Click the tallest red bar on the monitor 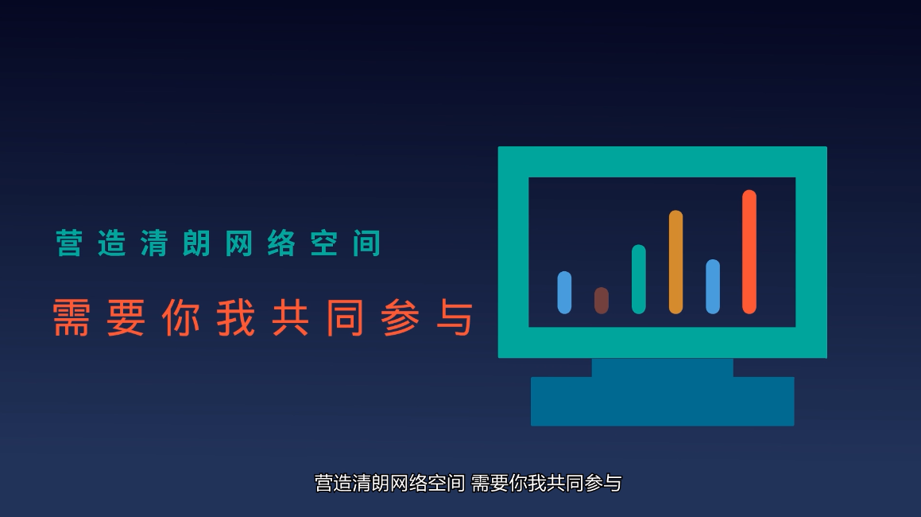[x=749, y=251]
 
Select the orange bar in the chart [x=675, y=262]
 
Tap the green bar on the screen [x=638, y=279]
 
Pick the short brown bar [x=602, y=301]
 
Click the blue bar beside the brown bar [x=564, y=293]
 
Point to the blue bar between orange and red [x=713, y=286]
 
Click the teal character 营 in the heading [x=69, y=243]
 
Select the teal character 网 [x=239, y=243]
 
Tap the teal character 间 [x=367, y=243]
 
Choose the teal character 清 [x=154, y=243]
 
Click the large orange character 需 [x=71, y=317]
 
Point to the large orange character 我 [x=236, y=317]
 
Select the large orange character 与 [x=455, y=317]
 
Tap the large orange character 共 [x=291, y=317]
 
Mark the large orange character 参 [x=400, y=317]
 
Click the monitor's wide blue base [x=663, y=401]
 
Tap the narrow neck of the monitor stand [x=663, y=367]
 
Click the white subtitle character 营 [x=324, y=484]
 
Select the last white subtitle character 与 [x=613, y=484]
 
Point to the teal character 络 [x=281, y=243]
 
